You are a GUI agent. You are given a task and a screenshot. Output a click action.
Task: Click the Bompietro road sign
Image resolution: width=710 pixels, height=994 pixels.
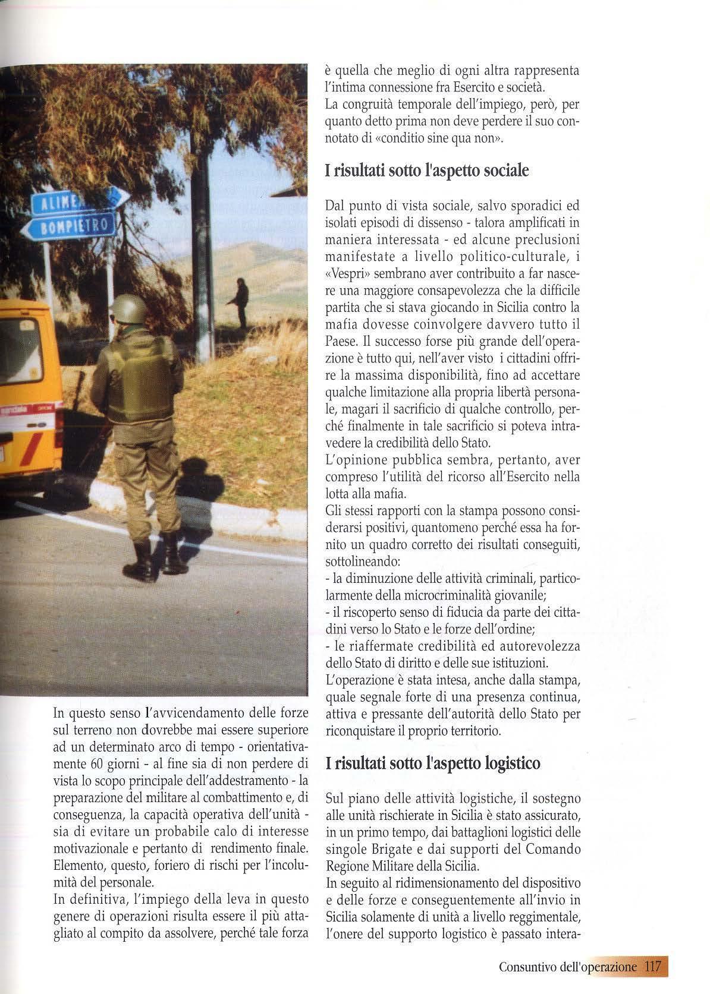coord(68,226)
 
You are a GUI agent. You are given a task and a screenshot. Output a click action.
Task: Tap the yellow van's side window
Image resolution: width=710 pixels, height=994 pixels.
coord(21,353)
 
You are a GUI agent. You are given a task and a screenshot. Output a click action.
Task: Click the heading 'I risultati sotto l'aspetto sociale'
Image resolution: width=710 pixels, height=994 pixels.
coord(426,170)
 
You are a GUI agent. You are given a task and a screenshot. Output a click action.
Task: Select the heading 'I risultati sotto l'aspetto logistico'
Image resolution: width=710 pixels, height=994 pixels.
coord(433,762)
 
